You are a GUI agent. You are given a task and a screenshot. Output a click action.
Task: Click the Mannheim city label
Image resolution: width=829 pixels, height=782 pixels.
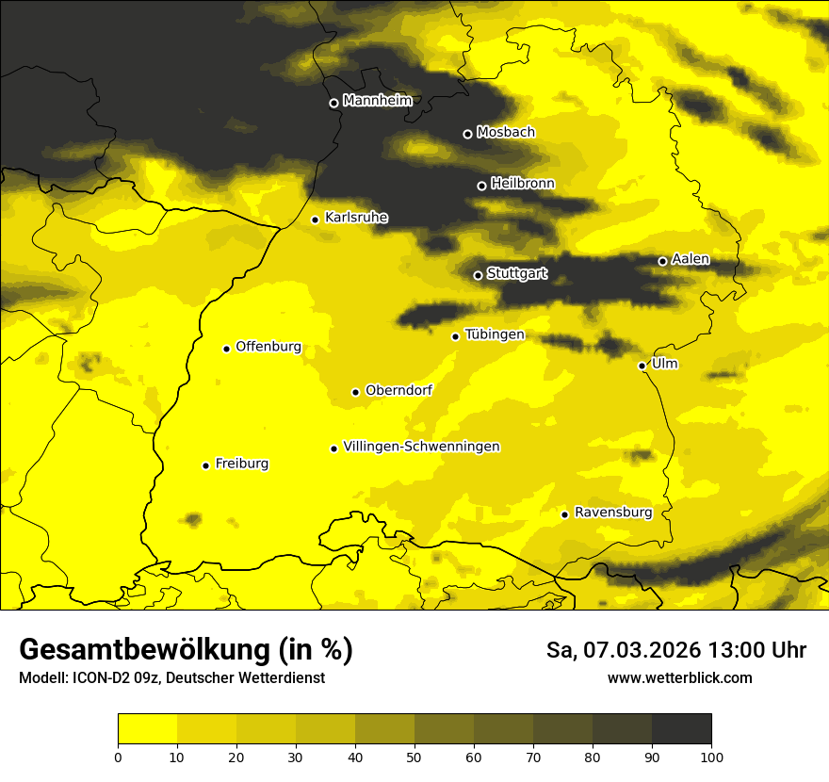tap(378, 101)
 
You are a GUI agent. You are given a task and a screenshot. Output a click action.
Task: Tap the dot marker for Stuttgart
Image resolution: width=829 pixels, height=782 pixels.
tap(478, 275)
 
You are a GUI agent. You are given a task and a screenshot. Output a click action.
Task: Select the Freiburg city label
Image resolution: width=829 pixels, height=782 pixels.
tap(241, 464)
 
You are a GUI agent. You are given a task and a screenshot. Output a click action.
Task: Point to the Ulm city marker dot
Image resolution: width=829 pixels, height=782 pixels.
tap(642, 366)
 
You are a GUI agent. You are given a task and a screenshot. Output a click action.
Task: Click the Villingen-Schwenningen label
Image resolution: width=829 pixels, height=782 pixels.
tap(421, 447)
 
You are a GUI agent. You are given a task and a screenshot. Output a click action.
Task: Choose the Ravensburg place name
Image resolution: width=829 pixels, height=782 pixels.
tap(612, 513)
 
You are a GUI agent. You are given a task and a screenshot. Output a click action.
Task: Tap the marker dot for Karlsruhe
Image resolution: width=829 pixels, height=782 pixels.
tap(316, 220)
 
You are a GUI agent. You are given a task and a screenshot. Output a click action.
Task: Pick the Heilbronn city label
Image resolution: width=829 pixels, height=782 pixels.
tap(522, 184)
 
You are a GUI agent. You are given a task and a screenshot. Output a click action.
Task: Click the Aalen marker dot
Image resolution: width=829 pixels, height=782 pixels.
tap(662, 261)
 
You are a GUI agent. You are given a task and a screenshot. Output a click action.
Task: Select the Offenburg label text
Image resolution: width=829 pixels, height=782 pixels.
tap(268, 347)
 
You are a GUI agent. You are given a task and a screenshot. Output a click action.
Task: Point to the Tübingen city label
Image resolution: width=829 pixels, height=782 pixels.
tap(494, 334)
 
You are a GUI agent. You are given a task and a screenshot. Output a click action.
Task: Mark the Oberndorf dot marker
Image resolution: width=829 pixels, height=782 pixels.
tap(355, 392)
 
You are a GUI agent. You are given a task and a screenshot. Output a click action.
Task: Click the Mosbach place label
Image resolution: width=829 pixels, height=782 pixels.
tap(505, 132)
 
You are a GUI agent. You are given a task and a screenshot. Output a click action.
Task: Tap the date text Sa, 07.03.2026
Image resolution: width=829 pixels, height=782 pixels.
tap(621, 650)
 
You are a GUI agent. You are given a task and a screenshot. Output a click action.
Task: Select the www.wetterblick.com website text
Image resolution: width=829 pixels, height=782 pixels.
tap(679, 677)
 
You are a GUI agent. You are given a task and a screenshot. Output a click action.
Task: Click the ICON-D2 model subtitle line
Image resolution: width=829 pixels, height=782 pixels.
tap(171, 678)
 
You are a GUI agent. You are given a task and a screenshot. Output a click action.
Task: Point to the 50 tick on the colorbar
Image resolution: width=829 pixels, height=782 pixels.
tap(414, 756)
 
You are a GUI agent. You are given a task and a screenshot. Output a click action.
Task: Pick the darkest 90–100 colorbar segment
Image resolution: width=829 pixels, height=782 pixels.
tap(681, 728)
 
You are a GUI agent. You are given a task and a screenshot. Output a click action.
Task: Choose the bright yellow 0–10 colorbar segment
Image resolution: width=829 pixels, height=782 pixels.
tap(147, 728)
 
